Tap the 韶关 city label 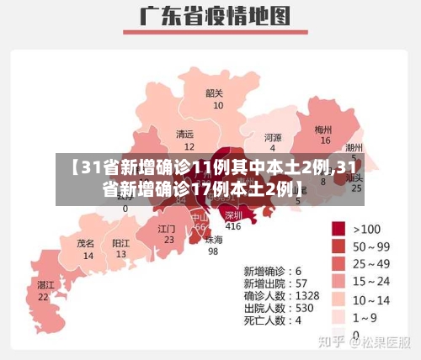pos(215,93)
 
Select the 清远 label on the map pos(184,134)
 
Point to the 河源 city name pos(273,137)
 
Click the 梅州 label pos(323,130)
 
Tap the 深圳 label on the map pos(233,214)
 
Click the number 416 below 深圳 pos(233,225)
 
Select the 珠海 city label pos(214,239)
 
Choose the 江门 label pos(168,229)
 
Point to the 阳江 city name pos(121,242)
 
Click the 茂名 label pos(85,242)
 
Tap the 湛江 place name pos(45,285)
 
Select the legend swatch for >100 pos(338,228)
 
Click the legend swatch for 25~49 pos(338,263)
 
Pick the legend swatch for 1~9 pos(338,316)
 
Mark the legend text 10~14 pos(371,299)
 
